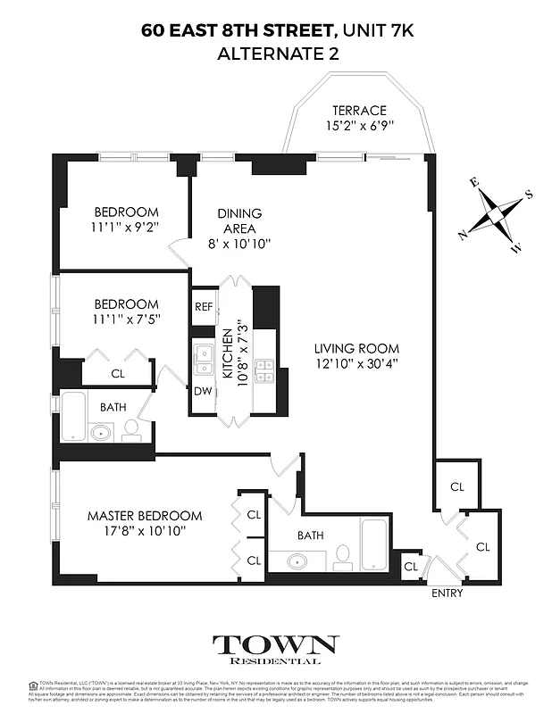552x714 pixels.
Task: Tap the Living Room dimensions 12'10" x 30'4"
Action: pos(356,363)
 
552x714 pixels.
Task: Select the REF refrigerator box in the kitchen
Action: pos(203,306)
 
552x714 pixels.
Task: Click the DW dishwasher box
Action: pos(203,390)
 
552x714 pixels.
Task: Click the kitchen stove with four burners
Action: pos(265,370)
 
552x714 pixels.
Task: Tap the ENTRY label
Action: pos(446,593)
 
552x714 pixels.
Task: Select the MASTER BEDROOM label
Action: pos(144,516)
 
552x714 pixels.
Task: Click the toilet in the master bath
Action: pos(340,560)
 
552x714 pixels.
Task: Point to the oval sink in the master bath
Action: pos(297,561)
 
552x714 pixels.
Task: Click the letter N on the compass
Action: pos(463,236)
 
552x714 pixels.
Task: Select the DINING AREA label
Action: pos(240,220)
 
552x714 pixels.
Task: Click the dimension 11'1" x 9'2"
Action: pos(126,227)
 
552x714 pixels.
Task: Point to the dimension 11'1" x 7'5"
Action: pos(126,320)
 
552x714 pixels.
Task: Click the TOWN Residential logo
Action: pos(275,649)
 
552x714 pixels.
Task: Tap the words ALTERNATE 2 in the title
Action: pos(277,54)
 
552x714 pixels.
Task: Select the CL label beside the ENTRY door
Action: pos(411,567)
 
